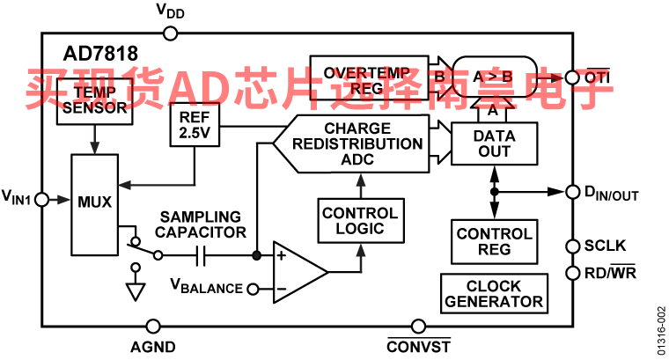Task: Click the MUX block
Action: pos(94,202)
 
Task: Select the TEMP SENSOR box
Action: pos(93,101)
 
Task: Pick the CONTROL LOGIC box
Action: pos(360,220)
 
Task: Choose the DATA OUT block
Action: pos(493,143)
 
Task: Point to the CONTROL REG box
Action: pos(494,242)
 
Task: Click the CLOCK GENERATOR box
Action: pos(494,293)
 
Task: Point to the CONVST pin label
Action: pos(418,345)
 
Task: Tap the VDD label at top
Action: pos(171,11)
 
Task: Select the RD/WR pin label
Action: pos(611,273)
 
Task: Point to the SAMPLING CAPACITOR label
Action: pos(199,224)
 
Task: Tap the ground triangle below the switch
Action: pos(135,291)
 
